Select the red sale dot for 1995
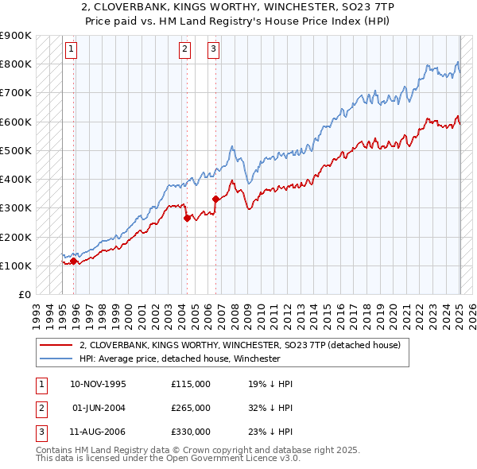pos(73,261)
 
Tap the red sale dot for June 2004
pos(187,218)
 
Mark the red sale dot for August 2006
pos(215,199)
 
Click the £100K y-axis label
pos(16,266)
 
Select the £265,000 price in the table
pos(191,408)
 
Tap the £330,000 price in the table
pos(191,432)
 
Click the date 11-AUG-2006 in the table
pos(98,432)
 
